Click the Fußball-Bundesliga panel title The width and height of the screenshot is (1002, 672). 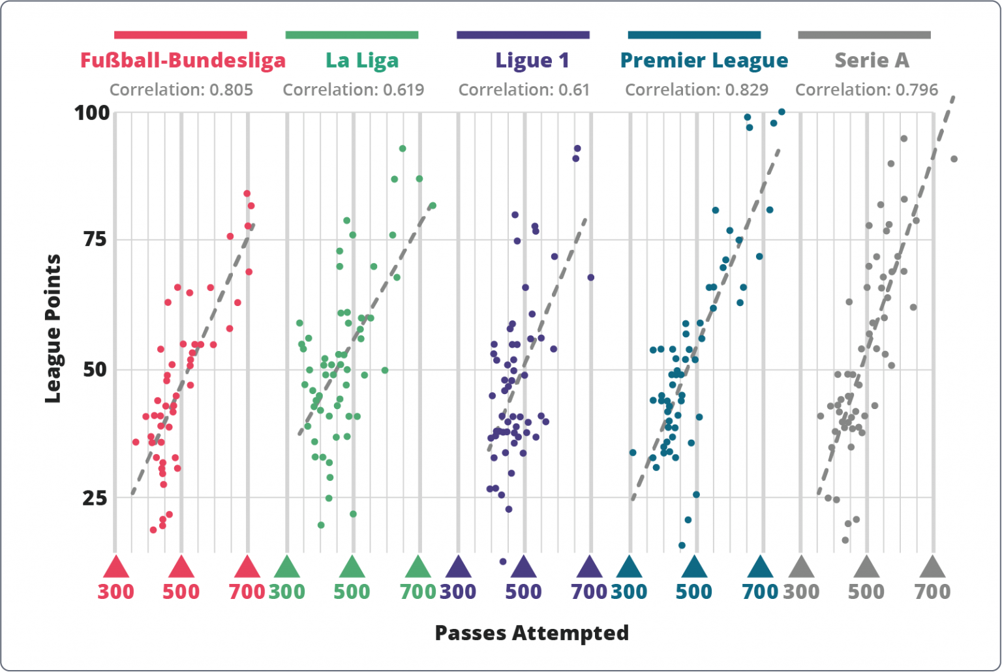pos(183,60)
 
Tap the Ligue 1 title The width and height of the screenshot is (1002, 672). pos(532,60)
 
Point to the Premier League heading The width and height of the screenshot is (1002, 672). pos(704,60)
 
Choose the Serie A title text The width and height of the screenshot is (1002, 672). pos(872,60)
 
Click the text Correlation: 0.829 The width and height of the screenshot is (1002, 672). pos(697,89)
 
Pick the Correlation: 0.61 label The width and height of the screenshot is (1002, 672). pos(524,89)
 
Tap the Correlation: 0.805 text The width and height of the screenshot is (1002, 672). pos(181,89)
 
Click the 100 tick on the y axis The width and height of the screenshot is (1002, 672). pos(92,113)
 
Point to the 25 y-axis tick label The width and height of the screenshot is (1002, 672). pos(95,498)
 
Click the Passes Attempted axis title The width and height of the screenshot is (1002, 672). pos(532,632)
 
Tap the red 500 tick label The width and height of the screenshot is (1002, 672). pos(181,592)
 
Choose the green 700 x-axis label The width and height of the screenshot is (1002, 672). pos(418,592)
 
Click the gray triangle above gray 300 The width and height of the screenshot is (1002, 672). pos(801,568)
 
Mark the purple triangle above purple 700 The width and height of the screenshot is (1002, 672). pos(590,568)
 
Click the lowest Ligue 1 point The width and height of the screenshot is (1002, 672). pos(503,561)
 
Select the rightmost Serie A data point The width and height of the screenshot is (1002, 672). pos(954,159)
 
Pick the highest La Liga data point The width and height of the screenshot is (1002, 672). pos(402,149)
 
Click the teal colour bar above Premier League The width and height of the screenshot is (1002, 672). pos(694,35)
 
